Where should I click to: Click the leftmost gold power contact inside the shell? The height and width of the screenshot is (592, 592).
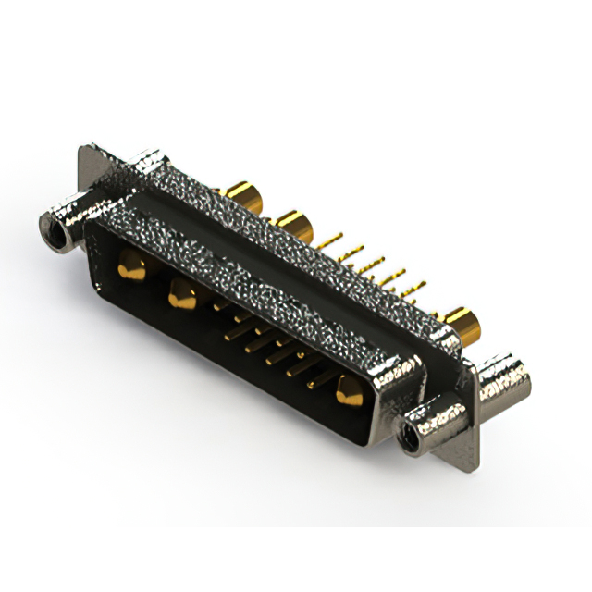click(x=131, y=268)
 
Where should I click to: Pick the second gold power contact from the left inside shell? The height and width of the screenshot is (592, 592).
click(x=181, y=295)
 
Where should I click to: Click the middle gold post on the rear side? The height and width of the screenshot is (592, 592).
click(x=294, y=225)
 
